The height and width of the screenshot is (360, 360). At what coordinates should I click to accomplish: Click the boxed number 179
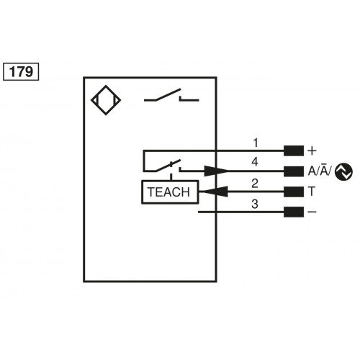22,71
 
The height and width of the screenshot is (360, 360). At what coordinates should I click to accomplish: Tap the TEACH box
168,192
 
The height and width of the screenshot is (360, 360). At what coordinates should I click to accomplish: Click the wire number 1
255,142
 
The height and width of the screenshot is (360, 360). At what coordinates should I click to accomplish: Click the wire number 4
255,162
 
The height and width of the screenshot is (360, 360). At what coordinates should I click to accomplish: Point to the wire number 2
255,183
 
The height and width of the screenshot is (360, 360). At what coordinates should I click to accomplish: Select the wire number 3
255,204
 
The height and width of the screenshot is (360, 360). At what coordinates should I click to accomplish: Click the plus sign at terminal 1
312,151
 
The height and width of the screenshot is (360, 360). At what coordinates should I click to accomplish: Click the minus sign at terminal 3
312,212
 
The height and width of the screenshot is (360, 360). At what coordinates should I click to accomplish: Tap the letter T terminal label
311,192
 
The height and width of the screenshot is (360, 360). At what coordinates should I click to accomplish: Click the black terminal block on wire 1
293,151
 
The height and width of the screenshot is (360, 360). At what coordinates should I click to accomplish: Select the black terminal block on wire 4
293,171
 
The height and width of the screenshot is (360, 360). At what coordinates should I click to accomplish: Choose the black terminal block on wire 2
293,192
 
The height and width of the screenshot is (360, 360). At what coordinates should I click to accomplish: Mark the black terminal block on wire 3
293,212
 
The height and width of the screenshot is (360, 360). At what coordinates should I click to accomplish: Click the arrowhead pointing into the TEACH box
209,192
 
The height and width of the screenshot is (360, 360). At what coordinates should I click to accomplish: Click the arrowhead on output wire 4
217,171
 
